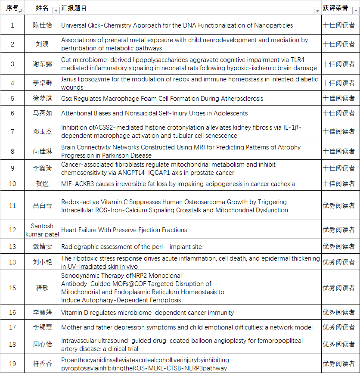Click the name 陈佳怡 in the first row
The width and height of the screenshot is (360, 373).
43,25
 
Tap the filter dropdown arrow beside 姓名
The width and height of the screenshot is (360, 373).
56,10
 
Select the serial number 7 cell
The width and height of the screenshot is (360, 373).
12,132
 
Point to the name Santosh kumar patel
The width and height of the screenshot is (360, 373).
43,230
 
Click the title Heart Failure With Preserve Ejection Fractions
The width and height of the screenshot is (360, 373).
124,230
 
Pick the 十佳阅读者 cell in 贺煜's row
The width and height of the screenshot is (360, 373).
338,184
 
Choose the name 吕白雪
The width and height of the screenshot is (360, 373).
43,206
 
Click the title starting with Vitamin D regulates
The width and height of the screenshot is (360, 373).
148,313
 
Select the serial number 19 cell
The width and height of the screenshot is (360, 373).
12,364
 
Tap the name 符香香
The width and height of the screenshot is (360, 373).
43,364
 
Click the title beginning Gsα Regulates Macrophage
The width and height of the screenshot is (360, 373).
162,99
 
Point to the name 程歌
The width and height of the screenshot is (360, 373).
43,288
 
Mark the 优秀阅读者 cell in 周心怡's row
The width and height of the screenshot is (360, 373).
338,345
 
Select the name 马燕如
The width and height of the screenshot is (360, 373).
43,113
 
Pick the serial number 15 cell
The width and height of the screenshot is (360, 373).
12,288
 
